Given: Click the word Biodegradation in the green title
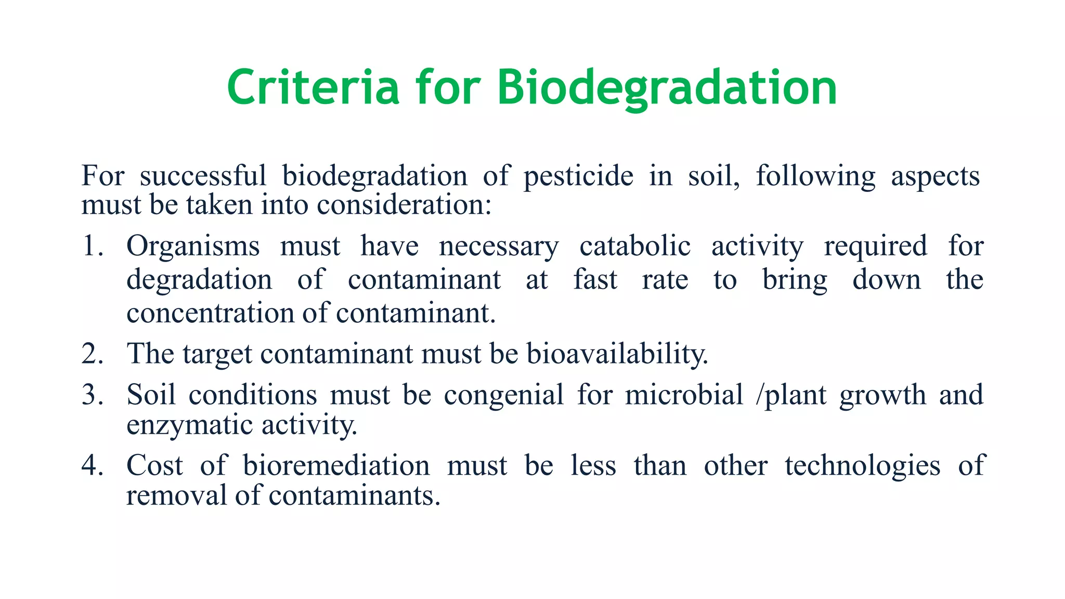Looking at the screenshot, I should (x=667, y=87).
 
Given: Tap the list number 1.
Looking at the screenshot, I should (x=92, y=246).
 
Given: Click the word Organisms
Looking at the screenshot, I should (x=193, y=246).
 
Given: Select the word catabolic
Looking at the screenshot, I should (x=635, y=246).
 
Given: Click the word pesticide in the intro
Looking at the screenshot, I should (x=578, y=176).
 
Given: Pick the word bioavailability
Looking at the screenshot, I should (x=617, y=354).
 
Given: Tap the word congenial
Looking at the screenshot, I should (x=504, y=395).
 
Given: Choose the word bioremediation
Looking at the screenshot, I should (x=336, y=465).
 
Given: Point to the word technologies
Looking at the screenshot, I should (x=862, y=465).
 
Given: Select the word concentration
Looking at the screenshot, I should (x=211, y=314).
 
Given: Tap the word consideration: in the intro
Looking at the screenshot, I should (x=404, y=205).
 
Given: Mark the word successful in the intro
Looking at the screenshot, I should (x=203, y=176).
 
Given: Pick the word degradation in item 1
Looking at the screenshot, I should (x=199, y=280).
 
